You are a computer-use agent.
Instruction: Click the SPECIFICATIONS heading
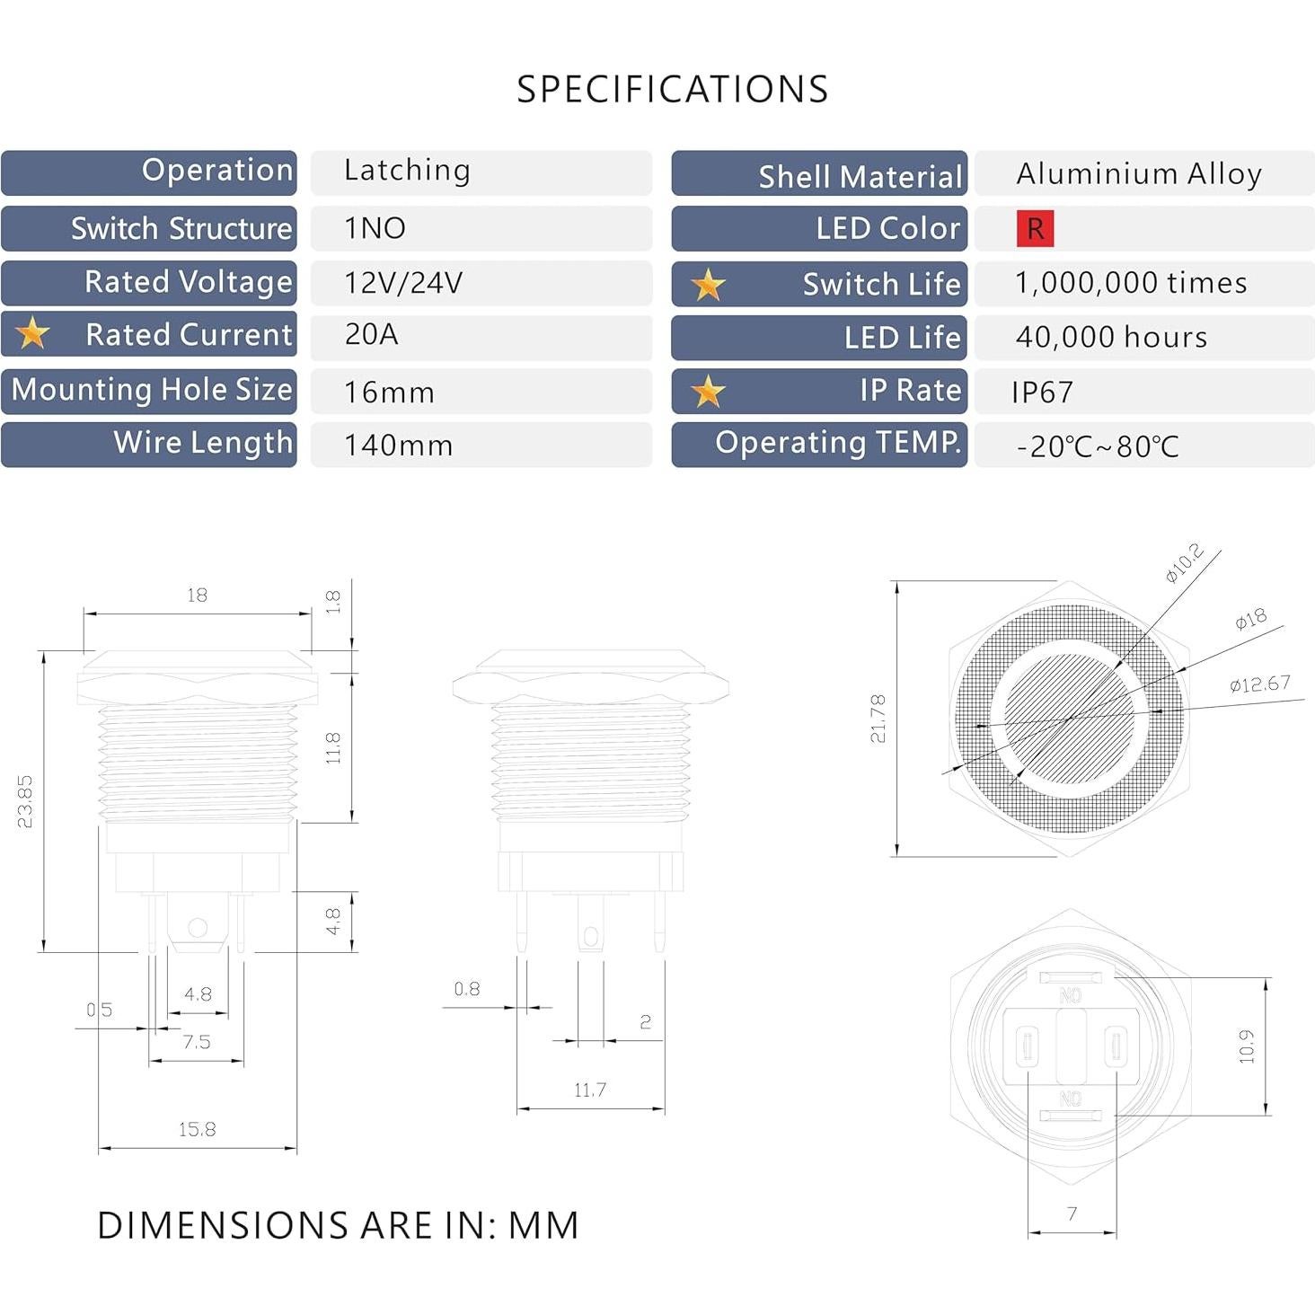(672, 89)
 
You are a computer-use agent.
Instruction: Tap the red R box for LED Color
(1035, 228)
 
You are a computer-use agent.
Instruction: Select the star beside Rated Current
(32, 333)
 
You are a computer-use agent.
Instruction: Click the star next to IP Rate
(708, 391)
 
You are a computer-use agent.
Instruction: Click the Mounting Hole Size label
(151, 390)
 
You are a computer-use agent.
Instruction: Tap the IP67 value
(1042, 393)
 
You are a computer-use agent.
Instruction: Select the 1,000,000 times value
(1130, 283)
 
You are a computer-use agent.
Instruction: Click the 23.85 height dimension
(25, 800)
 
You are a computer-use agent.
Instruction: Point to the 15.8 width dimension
(197, 1129)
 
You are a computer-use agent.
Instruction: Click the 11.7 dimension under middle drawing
(590, 1090)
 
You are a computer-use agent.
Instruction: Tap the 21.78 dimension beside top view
(878, 718)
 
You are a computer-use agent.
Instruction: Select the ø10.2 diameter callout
(1184, 563)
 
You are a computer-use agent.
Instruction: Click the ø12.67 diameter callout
(1259, 684)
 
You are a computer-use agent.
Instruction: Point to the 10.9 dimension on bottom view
(1246, 1046)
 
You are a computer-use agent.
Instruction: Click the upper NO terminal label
(1070, 995)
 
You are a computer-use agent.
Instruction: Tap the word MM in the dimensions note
(543, 1225)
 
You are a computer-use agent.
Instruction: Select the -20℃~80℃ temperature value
(1097, 446)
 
